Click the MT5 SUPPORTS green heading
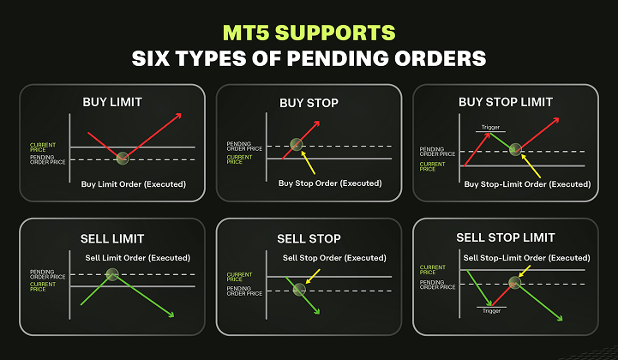309,33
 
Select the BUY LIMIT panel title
112,102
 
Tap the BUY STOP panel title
309,103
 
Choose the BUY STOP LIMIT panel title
506,102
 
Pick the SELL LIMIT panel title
112,238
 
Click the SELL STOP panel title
309,238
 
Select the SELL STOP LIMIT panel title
506,237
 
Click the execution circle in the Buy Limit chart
123,158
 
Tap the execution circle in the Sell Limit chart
112,274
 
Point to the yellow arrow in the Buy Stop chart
308,163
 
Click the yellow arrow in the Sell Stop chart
313,276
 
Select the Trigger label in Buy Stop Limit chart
490,127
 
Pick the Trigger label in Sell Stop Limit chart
491,310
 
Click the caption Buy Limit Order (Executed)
134,184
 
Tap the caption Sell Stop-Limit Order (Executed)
526,258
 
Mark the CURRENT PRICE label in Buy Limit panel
43,147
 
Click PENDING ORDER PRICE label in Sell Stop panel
244,291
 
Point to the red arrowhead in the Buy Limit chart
178,116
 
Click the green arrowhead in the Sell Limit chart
171,315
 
